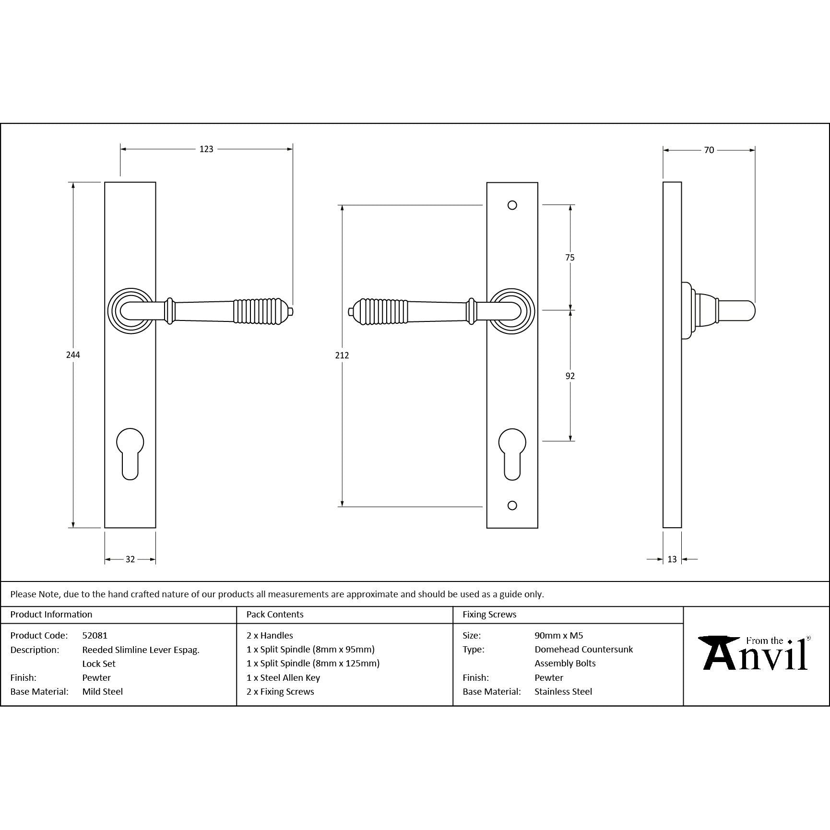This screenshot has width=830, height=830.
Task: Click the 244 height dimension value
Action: (x=73, y=355)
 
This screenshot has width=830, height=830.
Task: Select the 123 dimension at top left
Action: (x=206, y=149)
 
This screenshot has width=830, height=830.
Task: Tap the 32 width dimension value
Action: (x=130, y=559)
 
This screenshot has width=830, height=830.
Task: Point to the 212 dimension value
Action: (x=342, y=355)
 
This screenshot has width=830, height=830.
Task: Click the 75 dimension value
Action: (x=569, y=258)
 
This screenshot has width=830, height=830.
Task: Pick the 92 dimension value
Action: (x=569, y=376)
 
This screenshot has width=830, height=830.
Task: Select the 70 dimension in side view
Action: (x=709, y=150)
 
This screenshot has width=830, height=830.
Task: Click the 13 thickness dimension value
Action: (x=672, y=559)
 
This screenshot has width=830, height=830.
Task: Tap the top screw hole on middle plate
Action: (x=512, y=205)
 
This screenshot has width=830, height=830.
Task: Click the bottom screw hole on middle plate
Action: (x=512, y=505)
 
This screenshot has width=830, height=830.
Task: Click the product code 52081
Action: (x=95, y=635)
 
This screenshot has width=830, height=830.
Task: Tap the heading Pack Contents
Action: (x=275, y=615)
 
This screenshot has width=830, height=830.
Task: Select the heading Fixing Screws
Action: (x=489, y=615)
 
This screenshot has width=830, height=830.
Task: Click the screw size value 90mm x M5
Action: (x=558, y=635)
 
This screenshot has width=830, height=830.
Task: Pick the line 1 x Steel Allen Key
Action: (x=283, y=677)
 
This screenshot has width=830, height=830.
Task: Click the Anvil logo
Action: (x=755, y=653)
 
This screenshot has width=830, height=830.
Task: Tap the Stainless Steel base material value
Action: (x=563, y=691)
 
